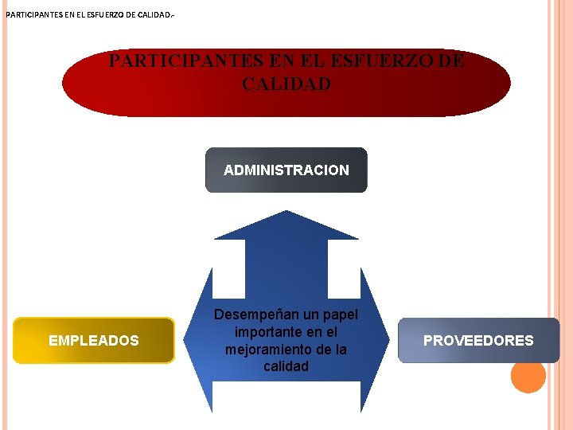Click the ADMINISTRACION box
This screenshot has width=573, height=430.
(286, 170)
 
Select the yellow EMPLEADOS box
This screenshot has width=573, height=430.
(94, 340)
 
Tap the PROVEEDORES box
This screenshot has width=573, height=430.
(478, 340)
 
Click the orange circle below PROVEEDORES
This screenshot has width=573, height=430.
(528, 376)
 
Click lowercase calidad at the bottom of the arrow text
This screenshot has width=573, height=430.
(286, 366)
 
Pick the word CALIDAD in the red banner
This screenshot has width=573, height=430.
(286, 84)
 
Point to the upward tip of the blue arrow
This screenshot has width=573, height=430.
(286, 213)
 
